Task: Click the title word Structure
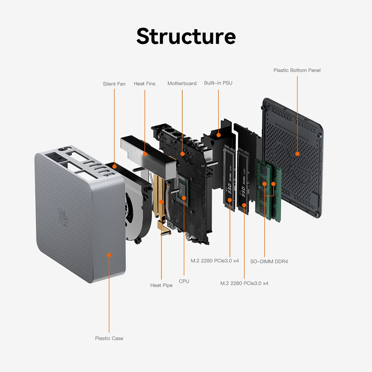point(186,36)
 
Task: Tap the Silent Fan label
point(114,84)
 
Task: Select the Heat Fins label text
point(145,84)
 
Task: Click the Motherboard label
point(182,83)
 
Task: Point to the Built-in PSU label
point(218,83)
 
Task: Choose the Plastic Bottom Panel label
point(297,70)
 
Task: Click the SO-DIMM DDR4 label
point(269,262)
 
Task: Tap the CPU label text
point(184,281)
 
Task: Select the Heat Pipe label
point(161,285)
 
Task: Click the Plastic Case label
point(109,338)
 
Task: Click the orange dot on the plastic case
point(109,255)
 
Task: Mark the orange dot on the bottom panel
point(297,153)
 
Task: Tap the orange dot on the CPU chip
point(184,198)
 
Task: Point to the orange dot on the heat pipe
point(161,202)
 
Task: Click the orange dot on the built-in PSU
point(218,135)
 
